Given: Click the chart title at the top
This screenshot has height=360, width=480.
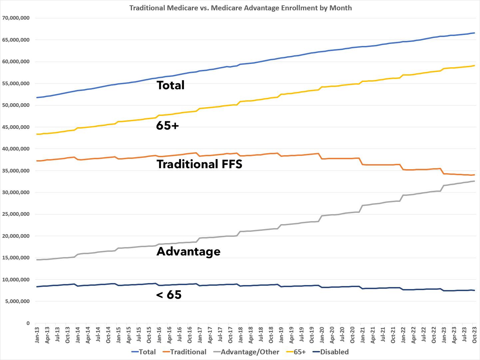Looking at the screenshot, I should click(x=240, y=8).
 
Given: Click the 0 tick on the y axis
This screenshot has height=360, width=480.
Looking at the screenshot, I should click(x=28, y=323).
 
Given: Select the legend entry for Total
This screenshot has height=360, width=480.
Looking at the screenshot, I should click(x=144, y=352).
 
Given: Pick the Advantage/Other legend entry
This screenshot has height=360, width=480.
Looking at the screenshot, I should click(x=246, y=352).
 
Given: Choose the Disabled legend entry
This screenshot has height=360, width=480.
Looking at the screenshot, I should click(x=330, y=352).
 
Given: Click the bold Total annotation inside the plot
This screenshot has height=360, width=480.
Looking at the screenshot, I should click(x=170, y=85).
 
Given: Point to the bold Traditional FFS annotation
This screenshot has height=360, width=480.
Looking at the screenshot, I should click(x=199, y=164).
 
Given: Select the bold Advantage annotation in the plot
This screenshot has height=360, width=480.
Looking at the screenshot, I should click(x=188, y=251).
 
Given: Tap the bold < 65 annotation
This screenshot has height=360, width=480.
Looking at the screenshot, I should click(x=169, y=295).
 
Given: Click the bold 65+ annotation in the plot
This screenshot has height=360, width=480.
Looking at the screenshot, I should click(x=167, y=126).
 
